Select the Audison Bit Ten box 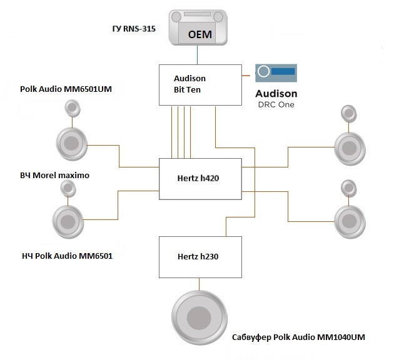pyautogui.click(x=199, y=85)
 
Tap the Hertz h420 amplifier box pyautogui.click(x=199, y=179)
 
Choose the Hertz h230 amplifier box pyautogui.click(x=199, y=256)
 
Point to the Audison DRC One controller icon pyautogui.click(x=276, y=72)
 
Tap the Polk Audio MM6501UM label pyautogui.click(x=66, y=89)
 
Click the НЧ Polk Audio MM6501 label pyautogui.click(x=63, y=256)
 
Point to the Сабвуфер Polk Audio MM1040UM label pyautogui.click(x=298, y=337)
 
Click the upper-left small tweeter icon pyautogui.click(x=73, y=109)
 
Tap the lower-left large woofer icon pyautogui.click(x=67, y=220)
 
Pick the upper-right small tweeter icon pyautogui.click(x=348, y=114)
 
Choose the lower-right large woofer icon pyautogui.click(x=348, y=219)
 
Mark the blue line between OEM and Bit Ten pyautogui.click(x=198, y=56)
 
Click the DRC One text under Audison pyautogui.click(x=276, y=104)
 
